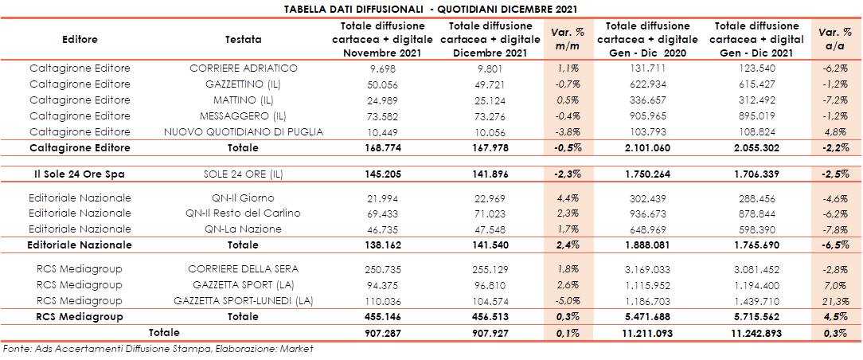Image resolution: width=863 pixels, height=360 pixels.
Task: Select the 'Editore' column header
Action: [80, 38]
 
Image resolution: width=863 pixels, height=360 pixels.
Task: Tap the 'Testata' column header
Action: [244, 38]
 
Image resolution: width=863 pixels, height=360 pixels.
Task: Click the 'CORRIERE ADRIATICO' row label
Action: [244, 68]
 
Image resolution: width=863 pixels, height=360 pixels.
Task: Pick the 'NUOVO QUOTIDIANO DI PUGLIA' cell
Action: [244, 130]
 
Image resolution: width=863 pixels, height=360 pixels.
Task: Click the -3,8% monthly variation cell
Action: [568, 130]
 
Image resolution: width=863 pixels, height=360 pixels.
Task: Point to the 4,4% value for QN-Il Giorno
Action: [568, 198]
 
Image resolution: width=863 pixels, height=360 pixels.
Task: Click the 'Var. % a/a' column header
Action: [834, 38]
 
